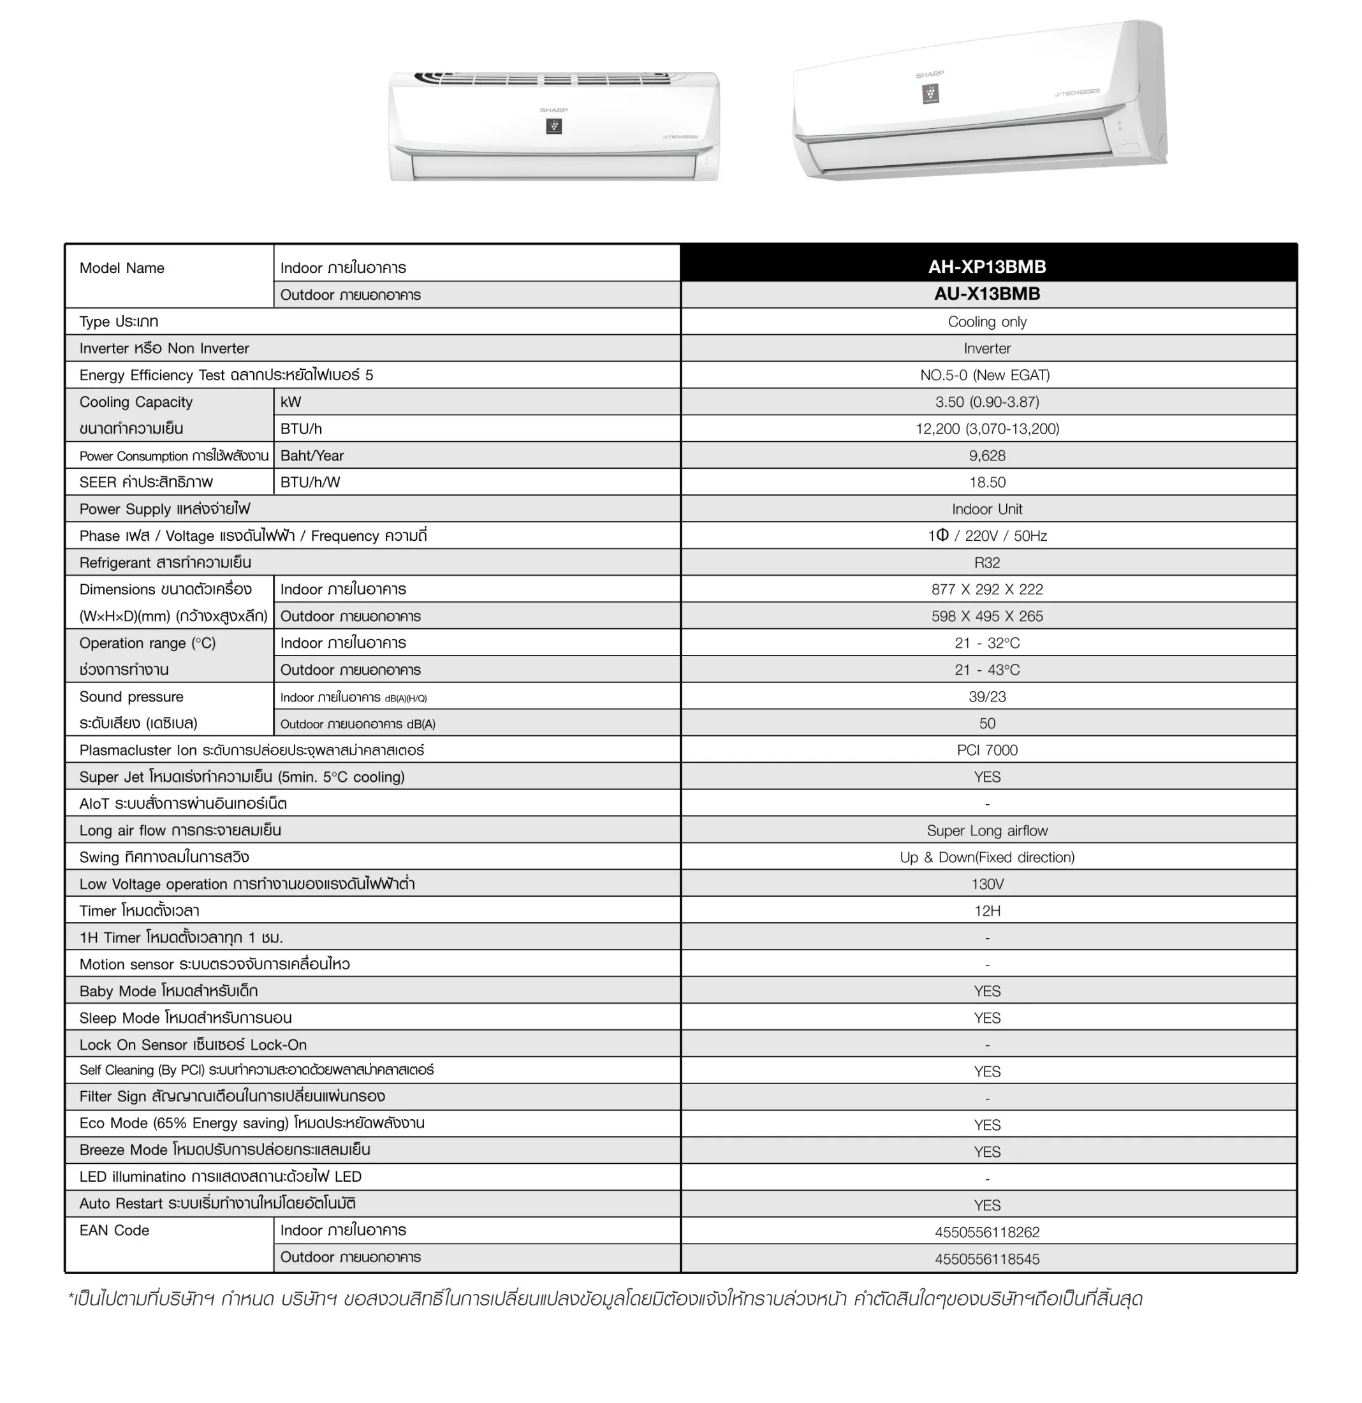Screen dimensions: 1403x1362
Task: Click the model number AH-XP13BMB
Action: click(x=986, y=267)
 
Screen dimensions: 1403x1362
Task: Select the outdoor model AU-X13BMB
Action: click(x=986, y=294)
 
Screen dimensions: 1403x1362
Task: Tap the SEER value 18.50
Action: click(x=986, y=483)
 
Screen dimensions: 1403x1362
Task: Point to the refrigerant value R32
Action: click(x=986, y=562)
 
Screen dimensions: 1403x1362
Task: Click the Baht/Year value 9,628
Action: click(x=986, y=456)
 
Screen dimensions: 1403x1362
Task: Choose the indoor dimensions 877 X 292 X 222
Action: click(x=986, y=590)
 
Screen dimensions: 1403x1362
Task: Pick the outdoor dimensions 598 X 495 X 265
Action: click(x=986, y=616)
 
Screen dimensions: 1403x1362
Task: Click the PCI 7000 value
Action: click(x=986, y=750)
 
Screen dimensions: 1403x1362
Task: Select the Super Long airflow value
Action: click(x=986, y=830)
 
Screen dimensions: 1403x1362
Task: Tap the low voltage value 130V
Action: click(x=986, y=884)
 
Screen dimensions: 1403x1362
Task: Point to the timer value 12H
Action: click(x=986, y=911)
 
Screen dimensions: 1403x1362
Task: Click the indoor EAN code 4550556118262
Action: click(x=986, y=1232)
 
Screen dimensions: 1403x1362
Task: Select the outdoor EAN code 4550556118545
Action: click(x=986, y=1259)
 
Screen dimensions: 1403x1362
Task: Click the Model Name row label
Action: click(x=122, y=268)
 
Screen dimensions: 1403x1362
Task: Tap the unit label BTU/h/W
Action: click(x=310, y=483)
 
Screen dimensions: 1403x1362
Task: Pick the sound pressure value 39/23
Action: click(x=986, y=696)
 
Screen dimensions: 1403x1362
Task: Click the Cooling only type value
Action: click(x=986, y=322)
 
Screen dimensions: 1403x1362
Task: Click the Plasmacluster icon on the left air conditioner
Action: click(x=553, y=126)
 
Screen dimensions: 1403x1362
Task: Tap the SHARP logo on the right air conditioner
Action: click(x=929, y=75)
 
